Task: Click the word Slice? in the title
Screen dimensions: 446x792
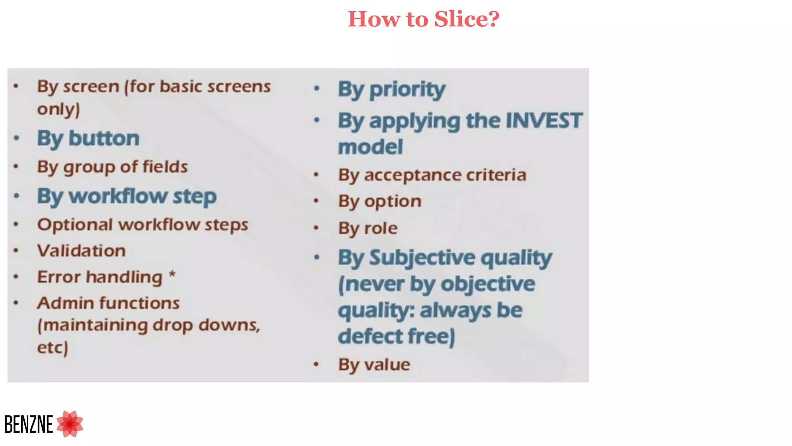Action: click(466, 19)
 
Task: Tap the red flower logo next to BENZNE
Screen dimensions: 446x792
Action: click(70, 424)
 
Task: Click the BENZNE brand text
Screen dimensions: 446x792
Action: click(29, 424)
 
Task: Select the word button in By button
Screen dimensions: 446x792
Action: click(104, 138)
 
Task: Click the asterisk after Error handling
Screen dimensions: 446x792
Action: click(172, 275)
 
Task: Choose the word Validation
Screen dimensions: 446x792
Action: click(82, 251)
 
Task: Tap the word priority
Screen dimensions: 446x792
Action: click(407, 90)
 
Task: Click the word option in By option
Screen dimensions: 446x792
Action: click(393, 202)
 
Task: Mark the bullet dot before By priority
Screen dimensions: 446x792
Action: click(317, 89)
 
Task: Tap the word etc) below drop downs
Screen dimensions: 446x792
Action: click(53, 347)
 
